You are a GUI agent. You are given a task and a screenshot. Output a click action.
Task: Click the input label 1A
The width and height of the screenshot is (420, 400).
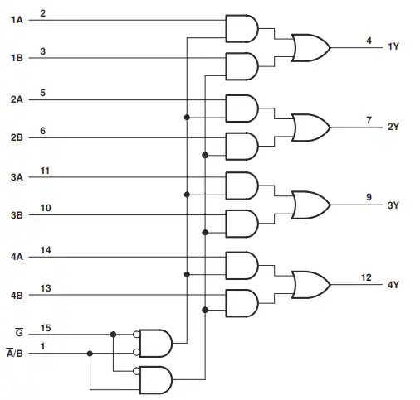pos(17,20)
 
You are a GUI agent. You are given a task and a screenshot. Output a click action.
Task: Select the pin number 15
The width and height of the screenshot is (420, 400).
pos(46,328)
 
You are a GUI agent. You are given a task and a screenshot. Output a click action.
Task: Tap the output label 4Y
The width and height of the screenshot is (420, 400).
pos(393,285)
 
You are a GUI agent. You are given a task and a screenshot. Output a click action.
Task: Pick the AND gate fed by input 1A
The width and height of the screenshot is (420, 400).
pos(242,29)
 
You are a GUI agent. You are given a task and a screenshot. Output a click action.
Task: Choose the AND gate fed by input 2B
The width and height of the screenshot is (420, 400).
pos(242,147)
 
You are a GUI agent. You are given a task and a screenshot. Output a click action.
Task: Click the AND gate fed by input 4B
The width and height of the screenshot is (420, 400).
pos(242,303)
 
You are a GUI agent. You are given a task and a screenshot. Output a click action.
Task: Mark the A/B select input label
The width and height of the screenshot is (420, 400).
pos(15,353)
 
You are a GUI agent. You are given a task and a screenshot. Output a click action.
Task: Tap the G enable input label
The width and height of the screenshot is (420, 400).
pos(19,332)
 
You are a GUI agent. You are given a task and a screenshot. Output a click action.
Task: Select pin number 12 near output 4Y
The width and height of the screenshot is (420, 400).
pos(366,277)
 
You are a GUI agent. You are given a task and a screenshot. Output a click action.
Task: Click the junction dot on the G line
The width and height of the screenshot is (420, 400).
pos(113,335)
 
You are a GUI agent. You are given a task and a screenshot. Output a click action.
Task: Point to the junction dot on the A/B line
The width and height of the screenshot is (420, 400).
pos(90,354)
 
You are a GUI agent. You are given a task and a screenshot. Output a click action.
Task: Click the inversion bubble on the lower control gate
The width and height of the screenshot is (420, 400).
pos(136,371)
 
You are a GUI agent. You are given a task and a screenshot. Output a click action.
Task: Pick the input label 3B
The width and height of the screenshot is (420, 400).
pos(17,215)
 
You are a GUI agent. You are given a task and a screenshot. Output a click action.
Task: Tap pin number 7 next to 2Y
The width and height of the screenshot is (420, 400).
pos(369,120)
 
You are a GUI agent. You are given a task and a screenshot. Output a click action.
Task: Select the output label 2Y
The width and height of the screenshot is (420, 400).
pos(393,127)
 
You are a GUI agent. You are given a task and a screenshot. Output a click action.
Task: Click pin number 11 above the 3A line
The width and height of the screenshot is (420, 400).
pos(45,171)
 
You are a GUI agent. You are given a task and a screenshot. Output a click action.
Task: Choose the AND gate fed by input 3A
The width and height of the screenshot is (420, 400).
pos(242,186)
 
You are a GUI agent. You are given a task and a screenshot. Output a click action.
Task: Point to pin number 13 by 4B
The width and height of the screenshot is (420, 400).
pos(46,288)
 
